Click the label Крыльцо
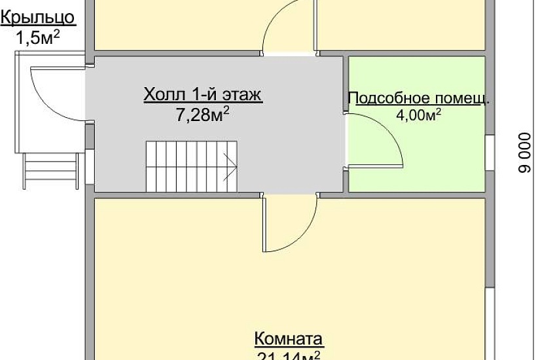pyautogui.click(x=37, y=18)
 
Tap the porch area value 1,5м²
pyautogui.click(x=38, y=37)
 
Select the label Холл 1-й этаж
pyautogui.click(x=203, y=96)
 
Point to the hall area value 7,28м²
pyautogui.click(x=203, y=115)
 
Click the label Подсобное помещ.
pyautogui.click(x=419, y=99)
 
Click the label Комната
pyautogui.click(x=289, y=339)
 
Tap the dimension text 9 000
pyautogui.click(x=524, y=154)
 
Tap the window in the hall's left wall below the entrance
pyautogui.click(x=90, y=167)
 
